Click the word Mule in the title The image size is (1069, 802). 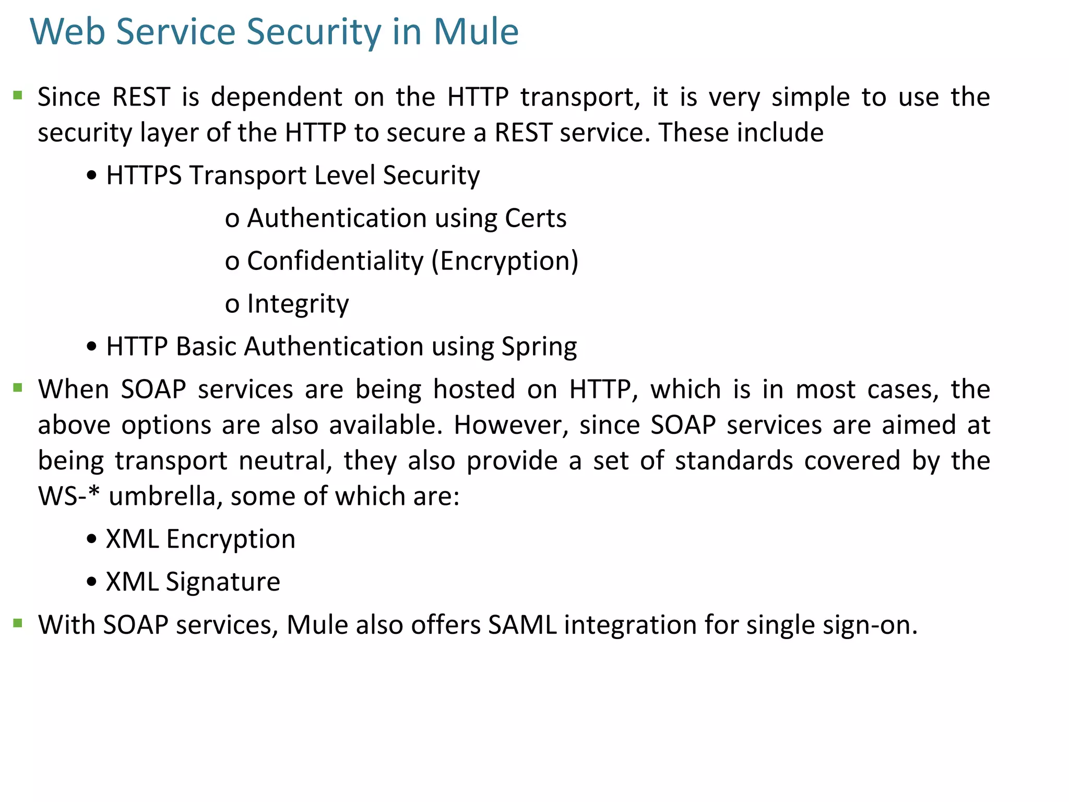point(476,32)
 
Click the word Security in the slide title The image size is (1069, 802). point(314,32)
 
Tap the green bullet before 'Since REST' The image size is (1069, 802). point(18,96)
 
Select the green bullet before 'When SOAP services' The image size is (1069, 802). point(18,387)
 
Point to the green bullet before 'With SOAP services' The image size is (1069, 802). point(18,623)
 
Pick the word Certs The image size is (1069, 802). point(535,218)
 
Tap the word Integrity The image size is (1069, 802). point(298,304)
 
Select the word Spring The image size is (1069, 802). point(539,347)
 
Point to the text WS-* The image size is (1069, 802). point(68,496)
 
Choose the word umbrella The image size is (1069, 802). point(162,496)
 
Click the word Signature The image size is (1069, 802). point(223,582)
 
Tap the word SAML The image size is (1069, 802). point(522,625)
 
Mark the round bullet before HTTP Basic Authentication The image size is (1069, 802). point(92,347)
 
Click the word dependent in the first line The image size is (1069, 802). point(277,97)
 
